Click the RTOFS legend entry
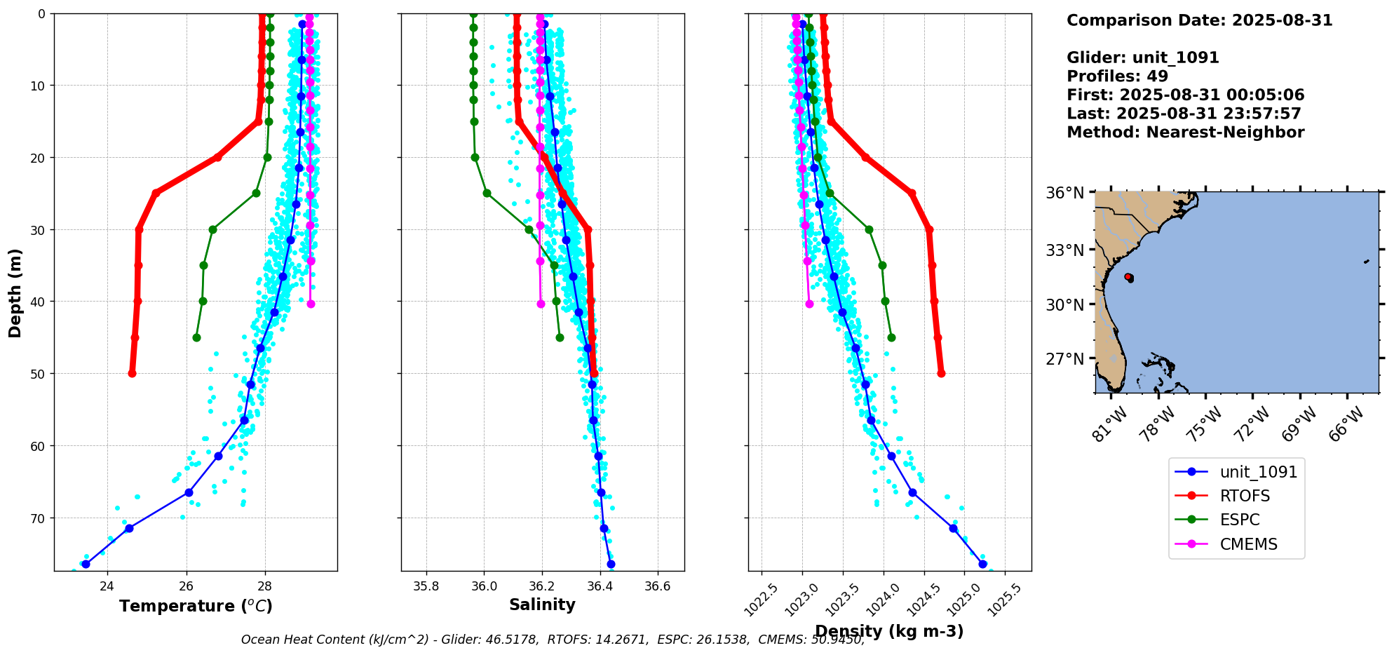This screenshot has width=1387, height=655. click(1245, 496)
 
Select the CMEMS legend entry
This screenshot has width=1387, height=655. click(1248, 544)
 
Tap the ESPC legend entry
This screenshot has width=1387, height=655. click(1240, 520)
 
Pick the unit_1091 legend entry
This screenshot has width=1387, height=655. click(1258, 472)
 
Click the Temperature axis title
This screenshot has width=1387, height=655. click(196, 606)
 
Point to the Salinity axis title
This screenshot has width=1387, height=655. click(542, 605)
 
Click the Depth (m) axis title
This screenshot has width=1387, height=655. click(15, 292)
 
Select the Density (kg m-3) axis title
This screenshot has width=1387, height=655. click(889, 631)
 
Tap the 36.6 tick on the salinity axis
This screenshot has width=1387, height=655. click(657, 586)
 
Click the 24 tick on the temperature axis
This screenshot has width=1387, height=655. click(107, 586)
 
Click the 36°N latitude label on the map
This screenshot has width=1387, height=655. click(1065, 193)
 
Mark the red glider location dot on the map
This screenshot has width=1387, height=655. click(1128, 277)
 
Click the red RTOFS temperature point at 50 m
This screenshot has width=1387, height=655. click(132, 373)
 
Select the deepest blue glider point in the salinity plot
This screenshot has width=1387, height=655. click(611, 564)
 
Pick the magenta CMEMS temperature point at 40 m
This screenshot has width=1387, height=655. click(311, 304)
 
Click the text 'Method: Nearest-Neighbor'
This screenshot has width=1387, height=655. click(1185, 133)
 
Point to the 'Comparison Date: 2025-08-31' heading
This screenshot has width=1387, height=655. click(1199, 20)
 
